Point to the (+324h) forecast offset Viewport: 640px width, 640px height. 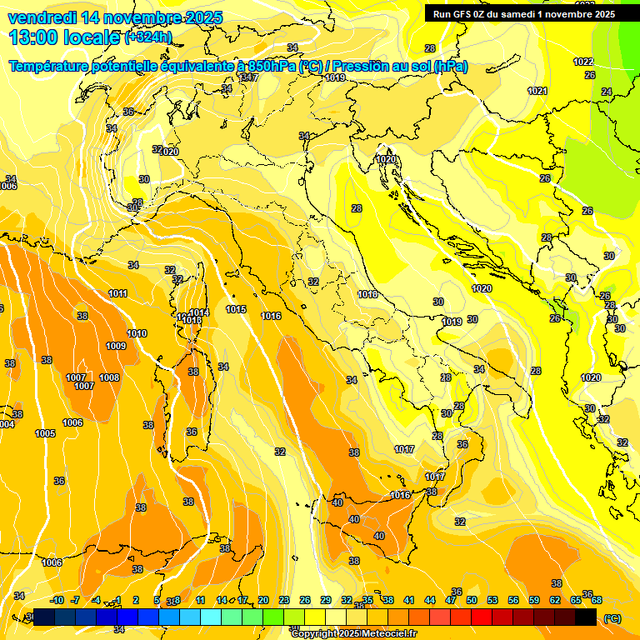point(148,37)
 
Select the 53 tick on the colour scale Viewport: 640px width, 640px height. point(492,600)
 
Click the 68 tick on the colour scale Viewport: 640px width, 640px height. point(597,600)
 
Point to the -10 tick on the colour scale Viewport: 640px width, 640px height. point(57,600)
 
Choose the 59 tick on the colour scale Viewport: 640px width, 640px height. point(534,600)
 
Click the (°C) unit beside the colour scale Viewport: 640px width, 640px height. point(612,618)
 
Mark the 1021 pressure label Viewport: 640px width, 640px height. point(537,91)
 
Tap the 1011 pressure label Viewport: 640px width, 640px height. point(118,293)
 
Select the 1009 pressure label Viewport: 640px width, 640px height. point(116,346)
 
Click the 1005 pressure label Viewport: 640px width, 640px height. point(45,433)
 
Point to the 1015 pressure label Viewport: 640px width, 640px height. point(236,309)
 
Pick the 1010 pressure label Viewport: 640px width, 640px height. point(137,333)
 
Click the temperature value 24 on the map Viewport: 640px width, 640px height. point(607,92)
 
